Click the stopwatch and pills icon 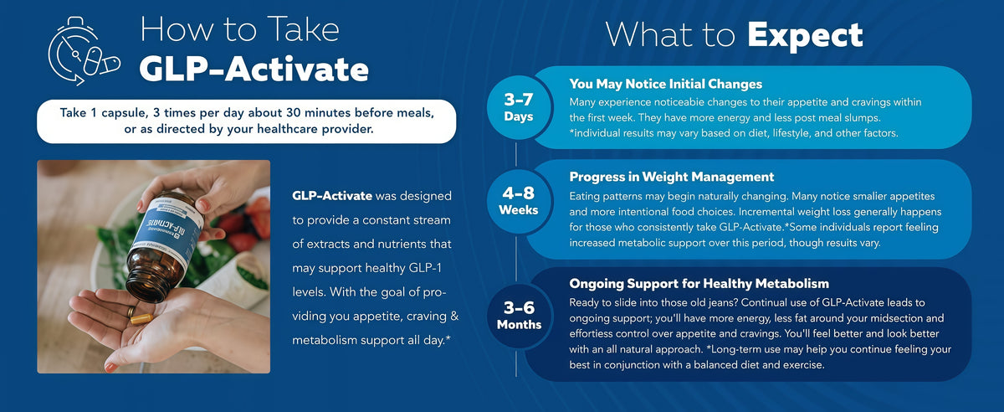coord(84,51)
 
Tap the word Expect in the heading coord(805,36)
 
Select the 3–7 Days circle coord(519,107)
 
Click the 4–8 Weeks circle coord(519,201)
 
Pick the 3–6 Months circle coord(519,316)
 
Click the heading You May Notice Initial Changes coord(666,84)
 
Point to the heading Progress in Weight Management coord(671,177)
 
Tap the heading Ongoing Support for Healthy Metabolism coord(699,284)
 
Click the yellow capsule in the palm coord(141,319)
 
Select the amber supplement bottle coord(164,246)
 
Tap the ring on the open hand coord(131,312)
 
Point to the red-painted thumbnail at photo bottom coord(110,368)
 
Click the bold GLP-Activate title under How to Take coord(254,70)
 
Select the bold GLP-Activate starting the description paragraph coord(331,196)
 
